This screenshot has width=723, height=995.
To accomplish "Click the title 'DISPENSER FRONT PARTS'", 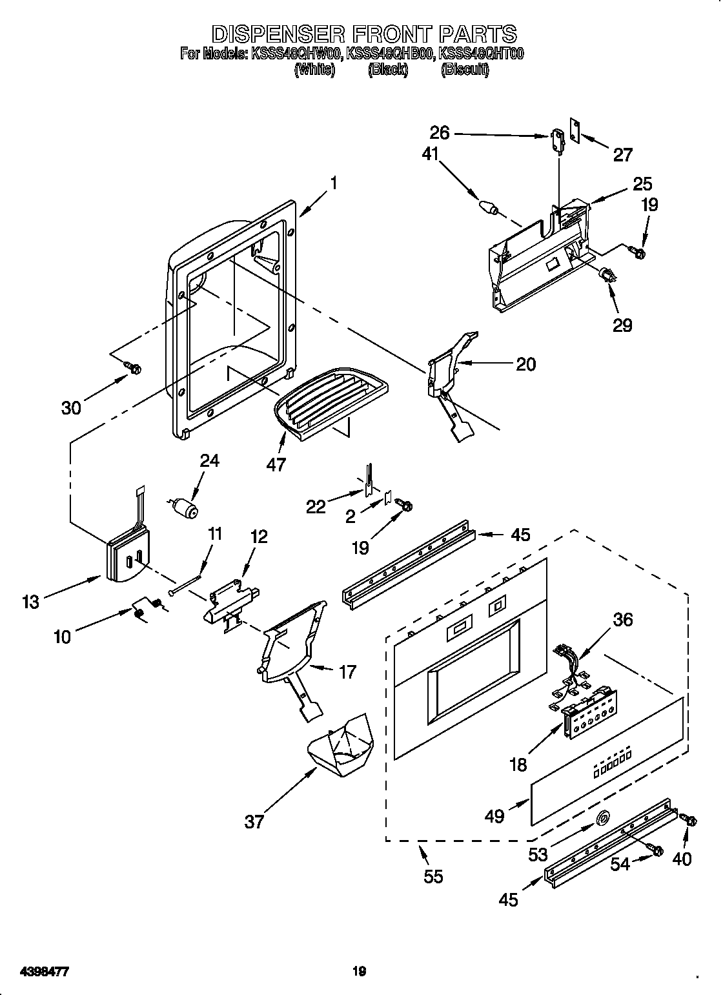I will click(364, 34).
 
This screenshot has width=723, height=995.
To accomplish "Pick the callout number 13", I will click(30, 602).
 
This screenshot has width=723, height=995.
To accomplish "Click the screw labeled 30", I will click(135, 368).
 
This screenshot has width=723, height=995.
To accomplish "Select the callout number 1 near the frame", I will click(333, 183).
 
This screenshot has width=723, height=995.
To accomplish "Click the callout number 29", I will click(622, 324).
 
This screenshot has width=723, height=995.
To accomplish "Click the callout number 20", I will click(525, 364).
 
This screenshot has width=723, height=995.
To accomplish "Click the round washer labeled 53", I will click(602, 819).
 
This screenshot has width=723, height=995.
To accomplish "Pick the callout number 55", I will click(433, 876).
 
